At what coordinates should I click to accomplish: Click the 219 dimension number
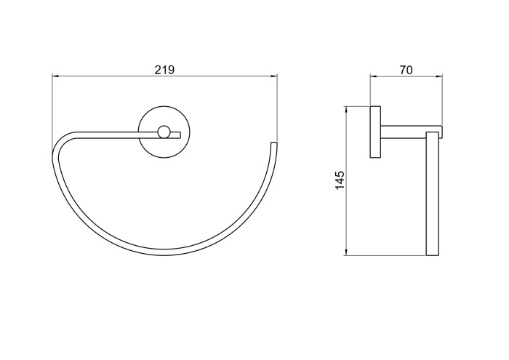coord(164,70)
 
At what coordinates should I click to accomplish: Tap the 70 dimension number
coord(406,70)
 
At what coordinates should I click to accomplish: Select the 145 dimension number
coord(340,180)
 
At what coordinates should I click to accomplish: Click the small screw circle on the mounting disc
coord(164,132)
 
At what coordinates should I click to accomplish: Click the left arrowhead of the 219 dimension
coord(55,76)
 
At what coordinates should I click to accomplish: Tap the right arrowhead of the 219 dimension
coord(274,76)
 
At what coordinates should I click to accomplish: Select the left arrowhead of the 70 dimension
coord(374,76)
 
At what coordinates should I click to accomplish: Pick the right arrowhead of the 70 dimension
coord(439,76)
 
